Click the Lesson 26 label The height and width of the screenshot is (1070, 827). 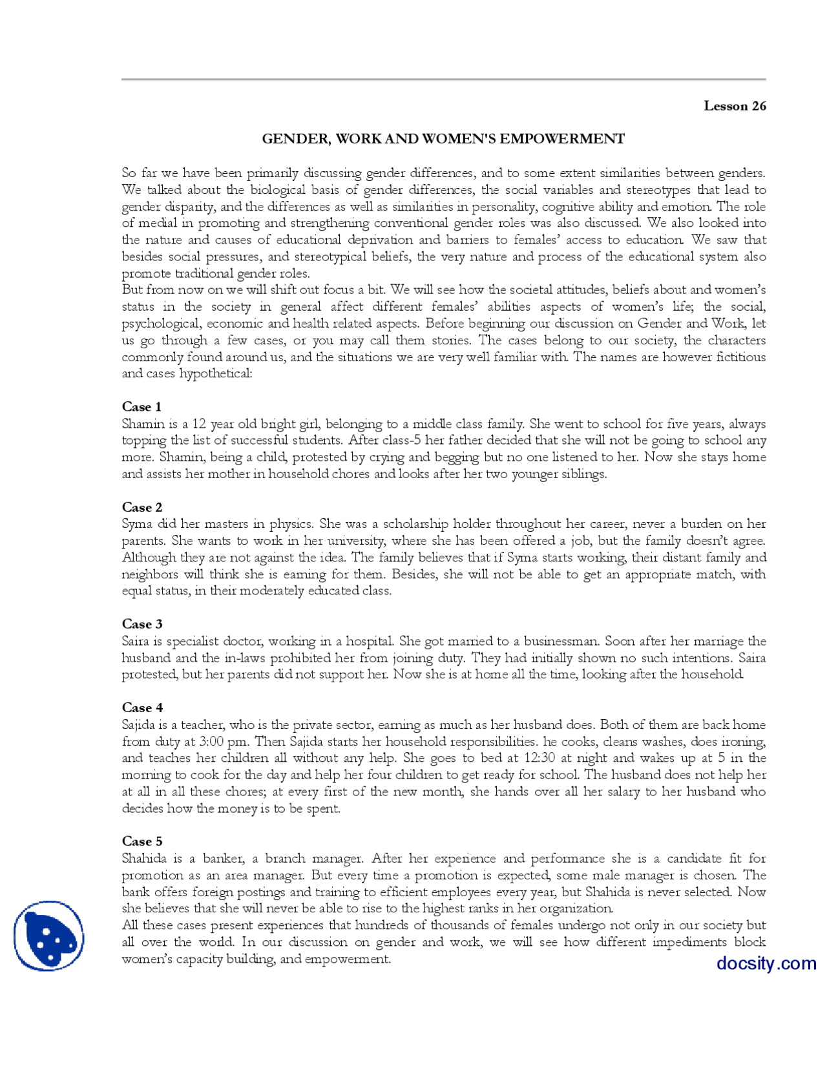tap(735, 106)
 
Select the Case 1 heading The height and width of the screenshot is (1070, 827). tap(141, 406)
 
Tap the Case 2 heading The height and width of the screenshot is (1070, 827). tap(141, 507)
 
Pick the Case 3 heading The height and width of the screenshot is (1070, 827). tap(141, 624)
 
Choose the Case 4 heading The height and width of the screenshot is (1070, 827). tap(141, 708)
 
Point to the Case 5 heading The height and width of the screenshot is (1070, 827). tap(141, 841)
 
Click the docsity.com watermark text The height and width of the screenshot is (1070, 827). tap(766, 963)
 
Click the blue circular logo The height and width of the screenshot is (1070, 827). tap(48, 936)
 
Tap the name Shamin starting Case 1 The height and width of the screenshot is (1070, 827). tap(143, 424)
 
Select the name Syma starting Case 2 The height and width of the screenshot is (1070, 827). tap(137, 524)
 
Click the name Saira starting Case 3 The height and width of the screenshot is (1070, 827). tap(136, 641)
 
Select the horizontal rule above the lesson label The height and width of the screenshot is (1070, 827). tap(443, 79)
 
